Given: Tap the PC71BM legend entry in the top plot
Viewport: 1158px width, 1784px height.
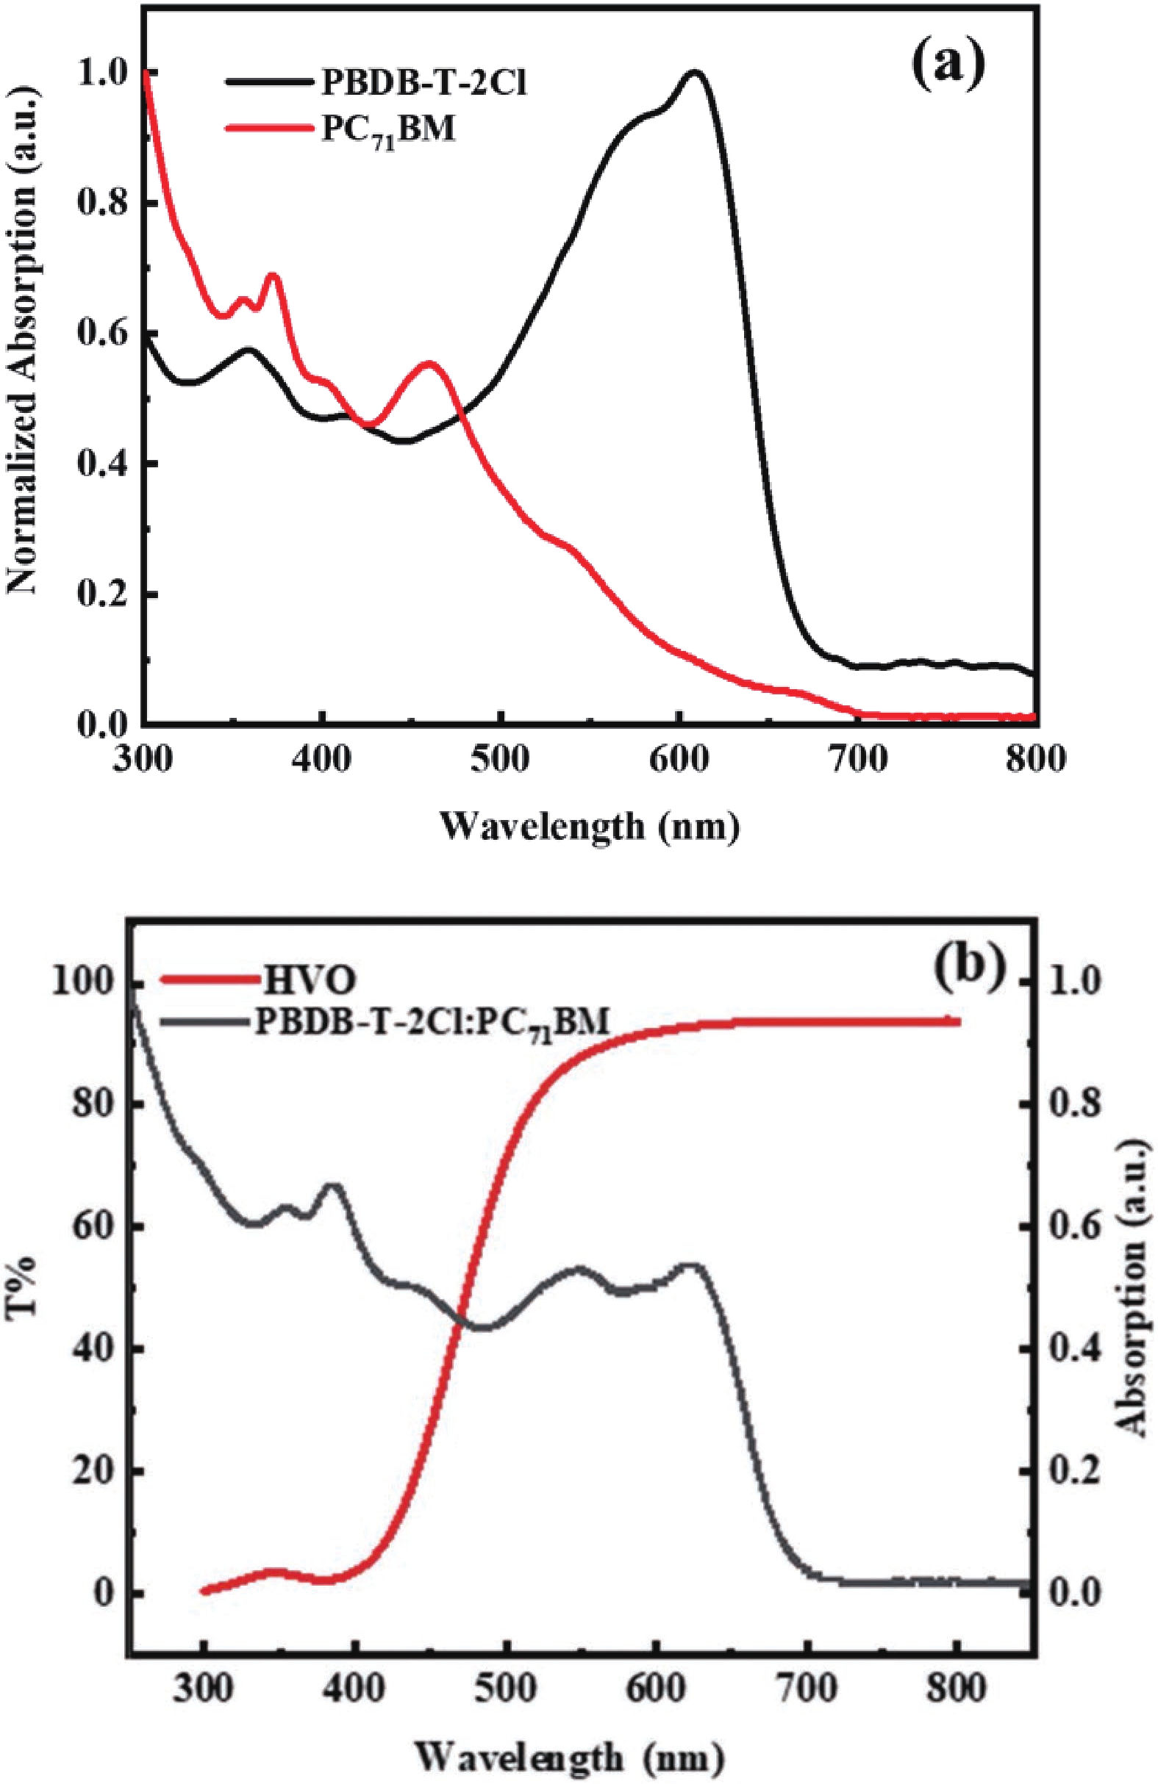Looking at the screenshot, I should click(387, 131).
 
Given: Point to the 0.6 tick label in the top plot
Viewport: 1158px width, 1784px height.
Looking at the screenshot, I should click(101, 334).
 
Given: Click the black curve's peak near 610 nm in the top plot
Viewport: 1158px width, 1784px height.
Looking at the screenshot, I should click(695, 72).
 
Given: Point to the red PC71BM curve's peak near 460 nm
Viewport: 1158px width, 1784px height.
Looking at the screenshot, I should click(429, 363).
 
